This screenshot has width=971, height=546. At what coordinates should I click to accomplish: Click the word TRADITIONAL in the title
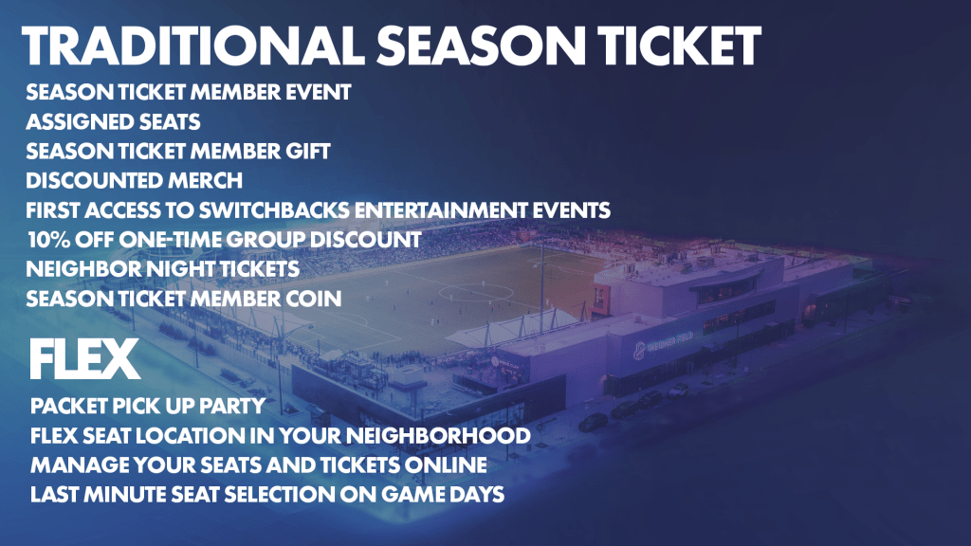[x=193, y=45]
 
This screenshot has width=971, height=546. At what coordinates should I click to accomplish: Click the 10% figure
[x=49, y=240]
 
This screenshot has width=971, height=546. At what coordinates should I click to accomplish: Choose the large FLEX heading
[x=84, y=359]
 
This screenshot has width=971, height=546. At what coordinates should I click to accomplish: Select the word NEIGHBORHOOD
[x=438, y=436]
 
